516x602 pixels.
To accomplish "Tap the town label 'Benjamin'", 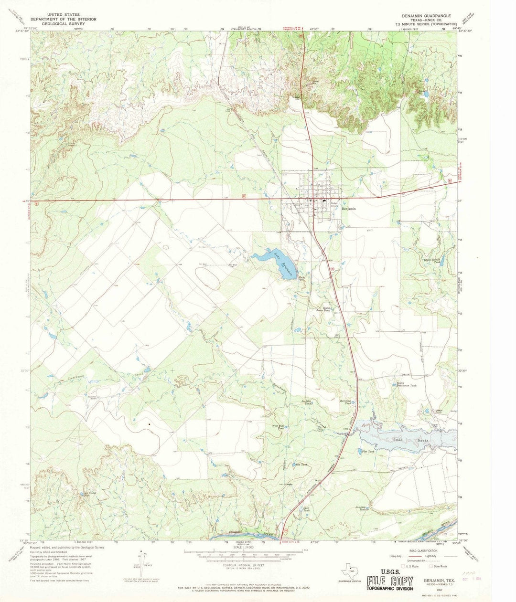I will click(348, 209).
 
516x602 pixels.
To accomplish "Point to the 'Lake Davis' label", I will click(408, 440).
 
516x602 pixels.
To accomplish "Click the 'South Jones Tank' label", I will click(327, 309).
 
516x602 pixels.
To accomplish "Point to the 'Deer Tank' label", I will click(307, 509).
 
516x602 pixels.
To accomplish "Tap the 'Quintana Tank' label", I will click(347, 402).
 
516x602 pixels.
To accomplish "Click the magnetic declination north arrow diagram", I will click(141, 568).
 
